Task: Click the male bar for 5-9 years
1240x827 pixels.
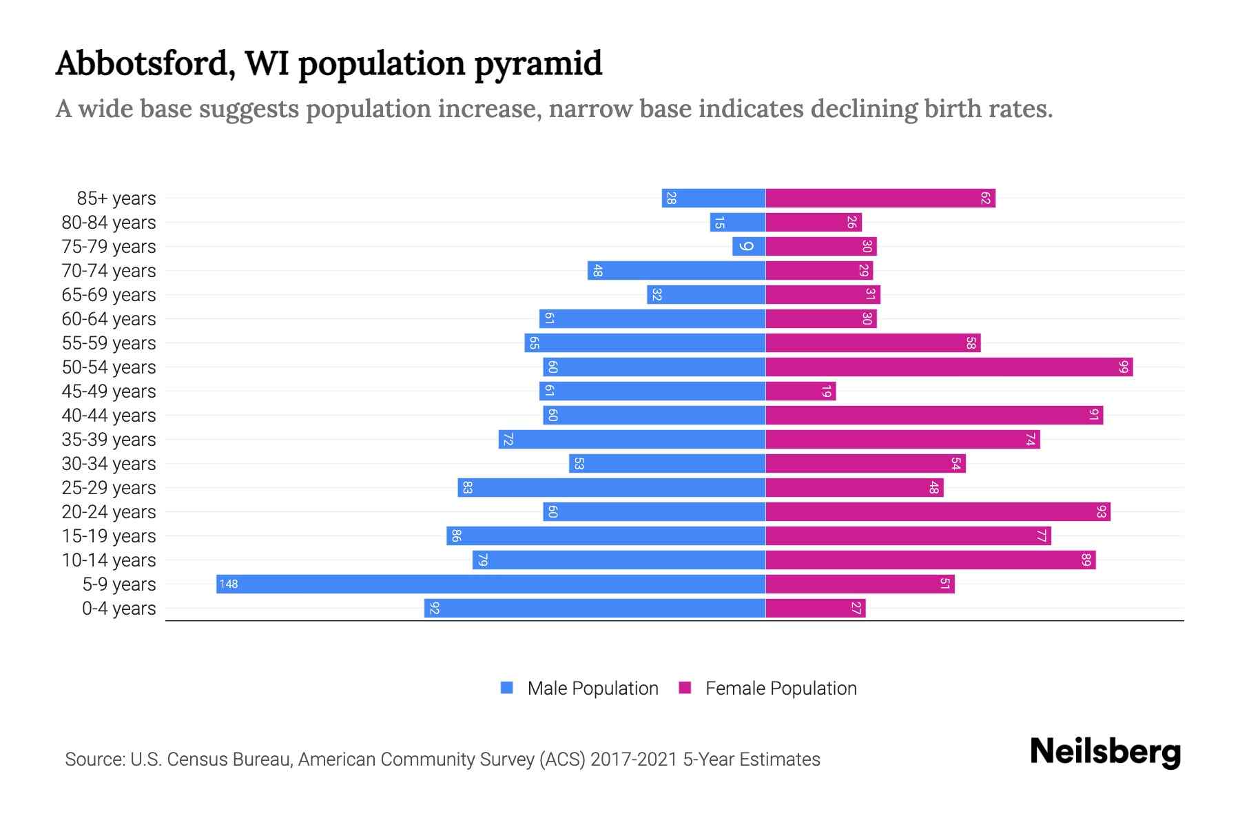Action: coord(490,584)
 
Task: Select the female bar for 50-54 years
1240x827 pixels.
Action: coord(949,367)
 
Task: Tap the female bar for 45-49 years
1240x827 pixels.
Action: coord(800,391)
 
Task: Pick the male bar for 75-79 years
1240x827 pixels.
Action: coord(749,246)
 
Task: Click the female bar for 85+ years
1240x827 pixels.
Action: coord(880,198)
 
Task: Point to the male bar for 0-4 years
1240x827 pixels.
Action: coord(595,608)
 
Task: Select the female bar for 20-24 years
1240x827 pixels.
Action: coord(938,511)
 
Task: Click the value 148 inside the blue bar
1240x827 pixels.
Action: coord(229,584)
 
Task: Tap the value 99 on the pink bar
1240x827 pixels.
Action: coord(1124,367)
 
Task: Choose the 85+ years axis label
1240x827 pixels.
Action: coord(116,198)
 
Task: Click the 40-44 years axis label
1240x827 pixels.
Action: coord(109,416)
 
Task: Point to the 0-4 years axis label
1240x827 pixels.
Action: coord(118,609)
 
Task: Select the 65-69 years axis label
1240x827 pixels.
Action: coord(109,295)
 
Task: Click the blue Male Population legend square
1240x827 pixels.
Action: coord(507,688)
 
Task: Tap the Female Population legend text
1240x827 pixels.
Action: coord(781,688)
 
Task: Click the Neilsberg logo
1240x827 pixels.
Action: coord(1105,752)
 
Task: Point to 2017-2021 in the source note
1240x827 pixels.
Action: coord(634,759)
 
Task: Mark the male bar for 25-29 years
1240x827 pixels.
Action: coord(611,487)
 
